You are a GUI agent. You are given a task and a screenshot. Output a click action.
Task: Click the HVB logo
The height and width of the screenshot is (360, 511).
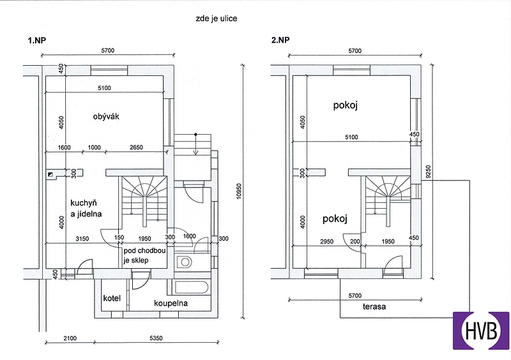[x=481, y=331]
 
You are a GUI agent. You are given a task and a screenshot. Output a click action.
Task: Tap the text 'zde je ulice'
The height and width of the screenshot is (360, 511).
[x=217, y=19]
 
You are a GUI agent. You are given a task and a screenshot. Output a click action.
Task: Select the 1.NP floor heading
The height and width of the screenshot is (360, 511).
[x=37, y=40]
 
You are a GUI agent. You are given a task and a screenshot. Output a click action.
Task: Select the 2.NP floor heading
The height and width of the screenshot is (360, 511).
[x=280, y=40]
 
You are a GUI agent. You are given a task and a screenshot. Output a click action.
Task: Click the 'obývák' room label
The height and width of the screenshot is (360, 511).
[x=106, y=117]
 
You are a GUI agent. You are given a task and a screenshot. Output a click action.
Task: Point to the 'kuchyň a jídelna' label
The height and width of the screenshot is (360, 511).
[x=86, y=209]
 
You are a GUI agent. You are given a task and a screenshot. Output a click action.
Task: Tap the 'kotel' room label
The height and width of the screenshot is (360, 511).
[x=112, y=298]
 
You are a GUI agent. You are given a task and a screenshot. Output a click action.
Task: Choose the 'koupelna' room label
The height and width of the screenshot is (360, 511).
[x=171, y=303]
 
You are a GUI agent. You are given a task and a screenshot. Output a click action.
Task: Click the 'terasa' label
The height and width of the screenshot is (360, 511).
[x=374, y=306]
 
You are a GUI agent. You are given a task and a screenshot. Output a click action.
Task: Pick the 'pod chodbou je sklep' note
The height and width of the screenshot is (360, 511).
[x=144, y=255]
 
